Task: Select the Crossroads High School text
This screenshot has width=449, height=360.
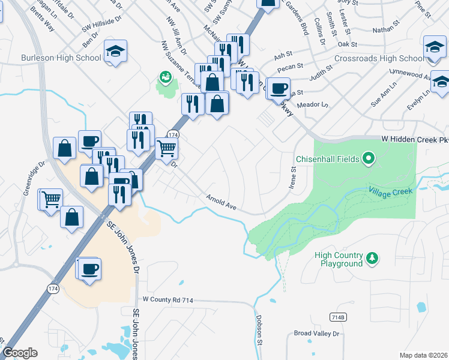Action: coord(379,58)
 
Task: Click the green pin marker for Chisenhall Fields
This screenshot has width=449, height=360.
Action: coord(369,159)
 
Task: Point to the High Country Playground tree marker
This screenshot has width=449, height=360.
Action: coord(373,257)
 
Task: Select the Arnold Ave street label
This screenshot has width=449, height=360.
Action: coord(222,202)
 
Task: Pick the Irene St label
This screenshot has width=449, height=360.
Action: coord(294,177)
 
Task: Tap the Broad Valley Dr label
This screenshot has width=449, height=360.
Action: coord(316,333)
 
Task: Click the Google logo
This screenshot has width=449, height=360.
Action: coord(20,353)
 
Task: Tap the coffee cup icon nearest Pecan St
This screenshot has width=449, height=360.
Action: coord(279,88)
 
